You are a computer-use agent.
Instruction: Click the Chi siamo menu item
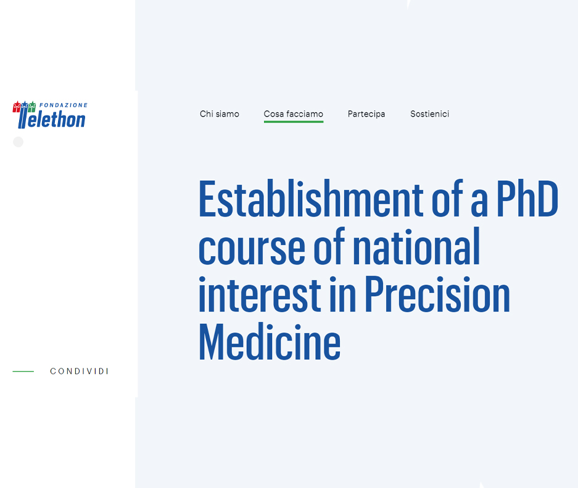pyautogui.click(x=220, y=114)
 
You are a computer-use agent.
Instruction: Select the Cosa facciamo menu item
pyautogui.click(x=294, y=114)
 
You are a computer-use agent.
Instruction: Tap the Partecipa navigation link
pyautogui.click(x=366, y=114)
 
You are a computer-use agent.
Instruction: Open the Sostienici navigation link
pyautogui.click(x=429, y=114)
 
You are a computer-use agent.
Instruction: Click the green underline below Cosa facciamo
pyautogui.click(x=294, y=122)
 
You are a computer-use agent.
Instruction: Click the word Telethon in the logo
pyautogui.click(x=52, y=118)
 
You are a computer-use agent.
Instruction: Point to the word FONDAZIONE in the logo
pyautogui.click(x=64, y=105)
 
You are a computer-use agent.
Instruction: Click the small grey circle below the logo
pyautogui.click(x=18, y=142)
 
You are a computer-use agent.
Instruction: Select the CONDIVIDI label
pyautogui.click(x=79, y=371)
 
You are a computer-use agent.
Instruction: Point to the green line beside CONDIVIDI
pyautogui.click(x=23, y=371)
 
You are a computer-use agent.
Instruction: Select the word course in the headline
pyautogui.click(x=252, y=247)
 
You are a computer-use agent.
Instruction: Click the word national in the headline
pyautogui.click(x=416, y=246)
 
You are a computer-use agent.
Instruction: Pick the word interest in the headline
pyautogui.click(x=260, y=294)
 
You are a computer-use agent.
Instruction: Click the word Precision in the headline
pyautogui.click(x=437, y=294)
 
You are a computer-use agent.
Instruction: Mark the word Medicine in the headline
pyautogui.click(x=270, y=342)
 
